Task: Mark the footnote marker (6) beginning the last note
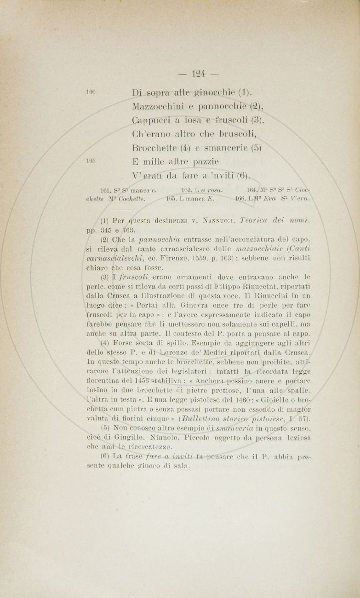pyautogui.click(x=104, y=456)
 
